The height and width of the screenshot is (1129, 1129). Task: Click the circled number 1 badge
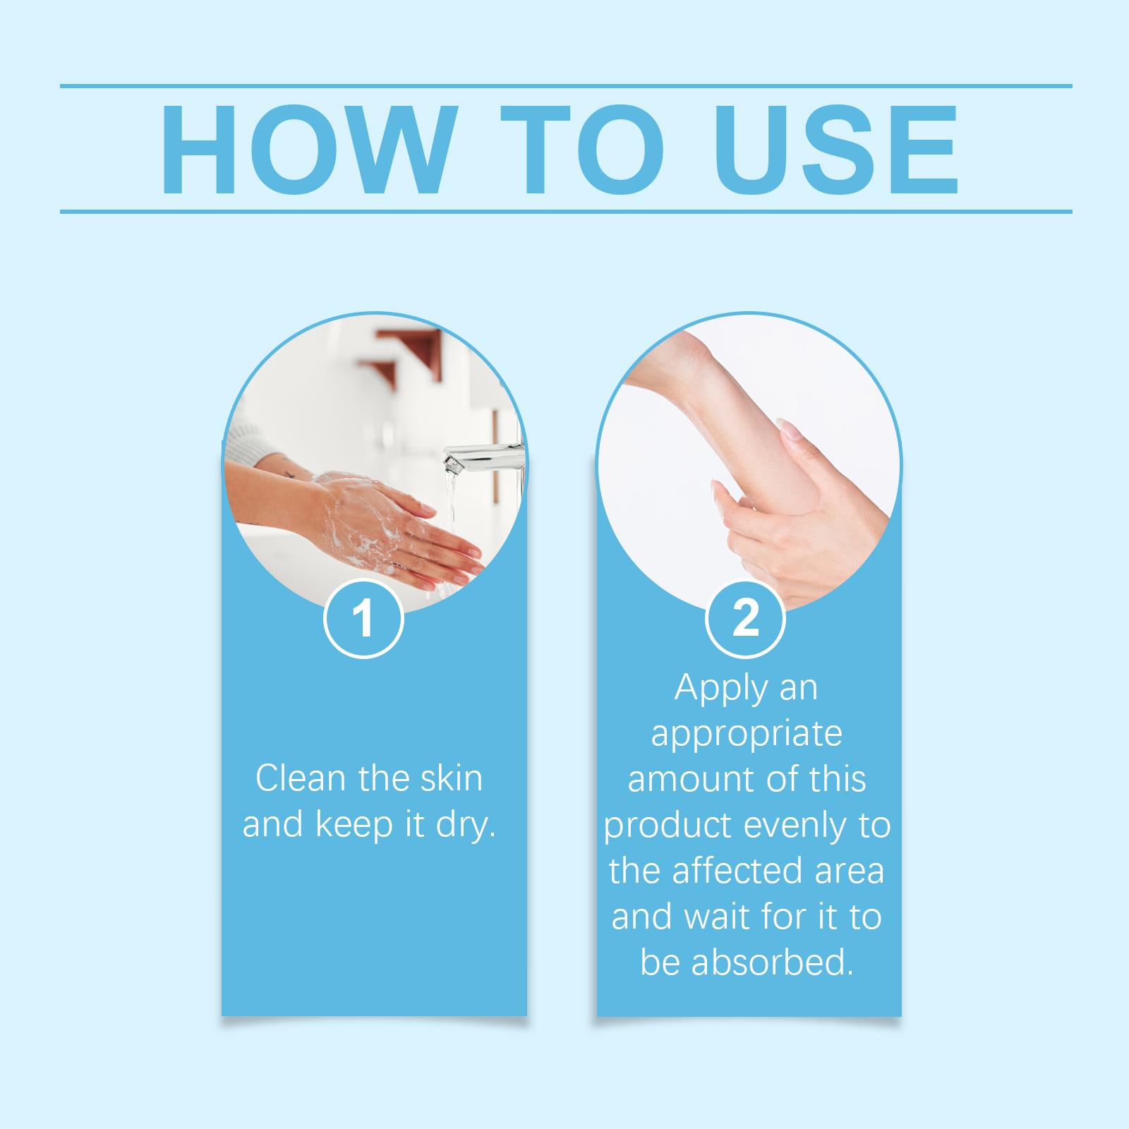pyautogui.click(x=363, y=619)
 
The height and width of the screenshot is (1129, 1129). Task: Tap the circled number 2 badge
pyautogui.click(x=745, y=619)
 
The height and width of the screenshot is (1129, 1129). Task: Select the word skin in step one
pyautogui.click(x=449, y=778)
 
